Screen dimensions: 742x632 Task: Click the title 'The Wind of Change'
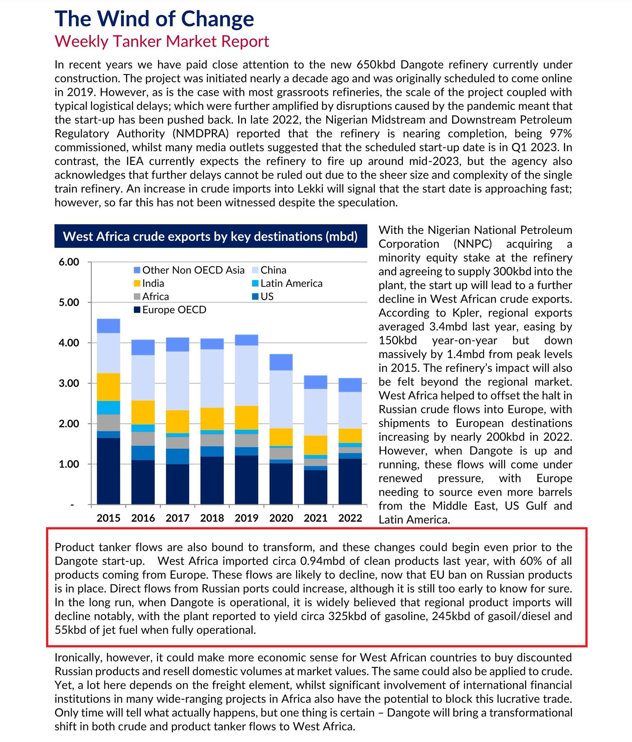[x=154, y=19]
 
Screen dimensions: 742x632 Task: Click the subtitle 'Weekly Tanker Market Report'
[x=162, y=41]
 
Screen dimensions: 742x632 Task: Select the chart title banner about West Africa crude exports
[x=211, y=236]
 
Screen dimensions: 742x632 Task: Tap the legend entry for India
[x=153, y=283]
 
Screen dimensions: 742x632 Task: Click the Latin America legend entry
[x=291, y=283]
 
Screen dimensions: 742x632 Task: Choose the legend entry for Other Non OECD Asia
[x=193, y=270]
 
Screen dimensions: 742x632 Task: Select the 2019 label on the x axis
[x=246, y=518]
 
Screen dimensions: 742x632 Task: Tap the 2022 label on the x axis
[x=350, y=518]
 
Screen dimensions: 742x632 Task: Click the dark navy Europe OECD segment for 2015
[x=108, y=471]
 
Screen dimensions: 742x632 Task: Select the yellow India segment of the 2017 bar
[x=178, y=421]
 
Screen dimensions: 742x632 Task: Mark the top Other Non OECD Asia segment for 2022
[x=350, y=385]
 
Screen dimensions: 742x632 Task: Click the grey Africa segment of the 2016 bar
[x=143, y=439]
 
